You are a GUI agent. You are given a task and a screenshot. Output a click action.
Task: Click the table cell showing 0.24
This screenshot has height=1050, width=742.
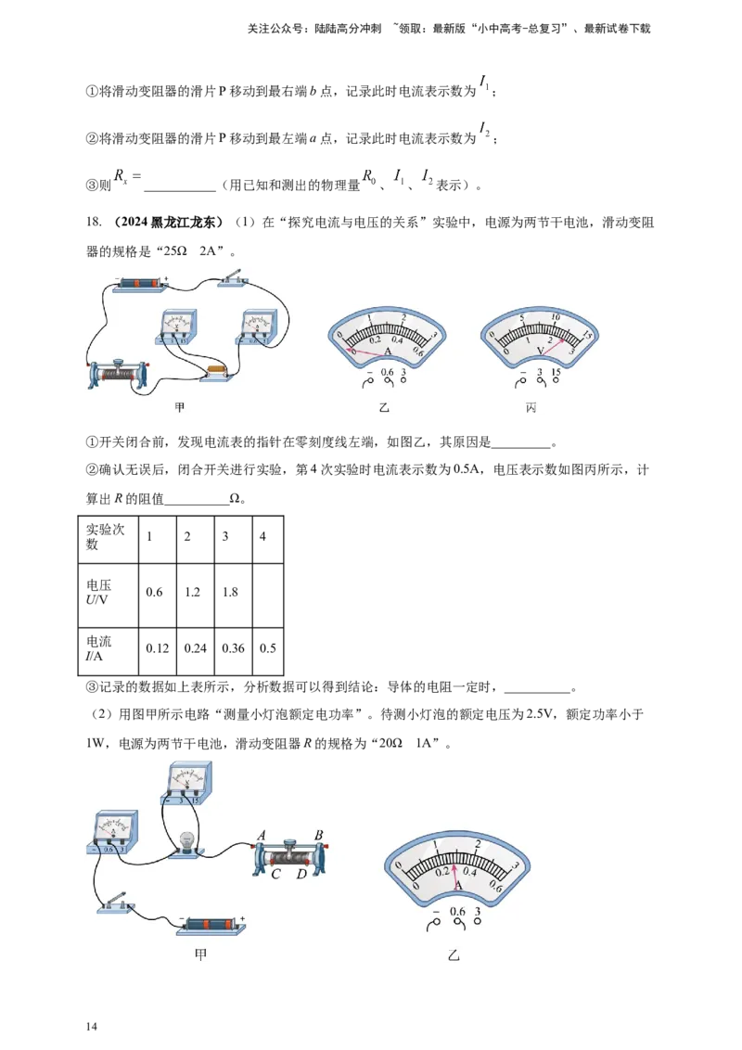point(195,648)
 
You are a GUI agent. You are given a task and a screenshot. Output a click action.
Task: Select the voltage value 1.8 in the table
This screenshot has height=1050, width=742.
point(230,592)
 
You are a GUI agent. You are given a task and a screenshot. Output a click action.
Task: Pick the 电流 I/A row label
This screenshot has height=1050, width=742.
point(98,648)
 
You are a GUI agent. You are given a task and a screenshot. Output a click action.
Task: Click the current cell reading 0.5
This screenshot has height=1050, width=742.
point(268,648)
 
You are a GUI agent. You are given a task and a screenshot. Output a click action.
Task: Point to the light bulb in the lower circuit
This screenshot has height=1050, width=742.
point(186,842)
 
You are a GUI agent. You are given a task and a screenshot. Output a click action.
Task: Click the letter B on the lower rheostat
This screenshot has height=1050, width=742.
point(319,835)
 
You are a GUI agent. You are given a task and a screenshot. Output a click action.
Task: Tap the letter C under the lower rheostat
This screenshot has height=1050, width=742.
point(275,874)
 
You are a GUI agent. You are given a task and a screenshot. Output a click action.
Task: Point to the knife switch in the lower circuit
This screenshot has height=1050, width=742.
point(116,903)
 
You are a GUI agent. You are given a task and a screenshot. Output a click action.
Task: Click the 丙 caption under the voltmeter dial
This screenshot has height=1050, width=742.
point(531,407)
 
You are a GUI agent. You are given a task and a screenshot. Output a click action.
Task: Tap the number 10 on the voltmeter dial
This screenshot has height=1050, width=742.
point(556,316)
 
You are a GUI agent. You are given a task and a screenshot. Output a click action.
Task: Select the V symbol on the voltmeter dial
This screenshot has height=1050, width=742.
point(541,351)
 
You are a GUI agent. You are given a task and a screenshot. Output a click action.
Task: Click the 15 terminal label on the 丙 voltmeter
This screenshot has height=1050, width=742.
point(556,373)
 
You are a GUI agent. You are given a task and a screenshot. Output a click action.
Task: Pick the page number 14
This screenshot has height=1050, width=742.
point(92,1027)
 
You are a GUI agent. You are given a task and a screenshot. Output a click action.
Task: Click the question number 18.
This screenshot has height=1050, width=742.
point(93,222)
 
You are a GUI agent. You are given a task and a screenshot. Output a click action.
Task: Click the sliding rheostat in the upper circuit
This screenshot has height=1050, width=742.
point(118,374)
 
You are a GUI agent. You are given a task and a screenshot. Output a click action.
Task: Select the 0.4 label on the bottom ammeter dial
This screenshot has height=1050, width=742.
point(470,871)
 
